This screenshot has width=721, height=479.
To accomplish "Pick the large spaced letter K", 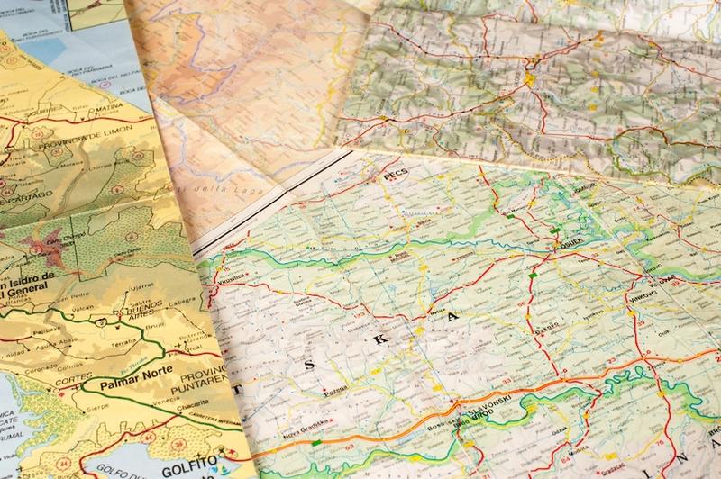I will point(379,339).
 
